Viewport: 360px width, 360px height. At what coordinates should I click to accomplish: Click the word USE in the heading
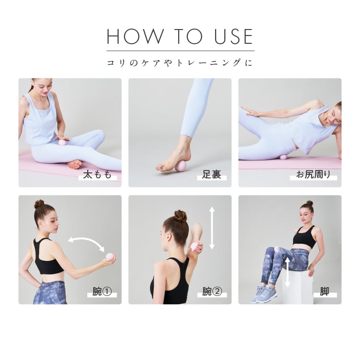234,36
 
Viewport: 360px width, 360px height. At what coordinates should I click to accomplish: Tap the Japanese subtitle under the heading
180,63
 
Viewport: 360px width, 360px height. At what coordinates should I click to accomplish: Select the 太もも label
97,175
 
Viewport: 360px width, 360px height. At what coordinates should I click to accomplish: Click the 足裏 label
211,175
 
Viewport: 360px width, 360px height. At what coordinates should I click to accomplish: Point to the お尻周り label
313,175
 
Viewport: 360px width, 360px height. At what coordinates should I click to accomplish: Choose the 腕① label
102,292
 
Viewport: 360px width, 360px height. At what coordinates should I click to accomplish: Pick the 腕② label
212,292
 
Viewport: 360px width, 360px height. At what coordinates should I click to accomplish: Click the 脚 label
324,292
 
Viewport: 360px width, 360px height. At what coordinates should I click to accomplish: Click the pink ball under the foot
180,166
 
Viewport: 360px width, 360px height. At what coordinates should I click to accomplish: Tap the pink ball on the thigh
62,142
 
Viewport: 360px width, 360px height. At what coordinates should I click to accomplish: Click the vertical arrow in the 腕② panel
212,228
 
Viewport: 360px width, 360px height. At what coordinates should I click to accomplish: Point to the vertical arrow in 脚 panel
288,272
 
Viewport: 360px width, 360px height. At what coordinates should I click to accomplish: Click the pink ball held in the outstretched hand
110,257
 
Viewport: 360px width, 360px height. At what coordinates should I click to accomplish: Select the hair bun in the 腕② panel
180,216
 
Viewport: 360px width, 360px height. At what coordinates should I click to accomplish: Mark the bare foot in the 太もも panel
74,164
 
